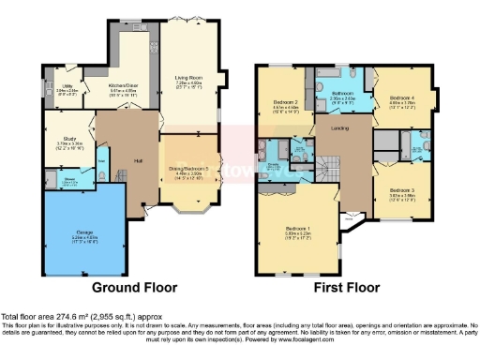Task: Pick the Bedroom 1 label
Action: (296, 228)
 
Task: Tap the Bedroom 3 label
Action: (404, 190)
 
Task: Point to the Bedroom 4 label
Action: (402, 97)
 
